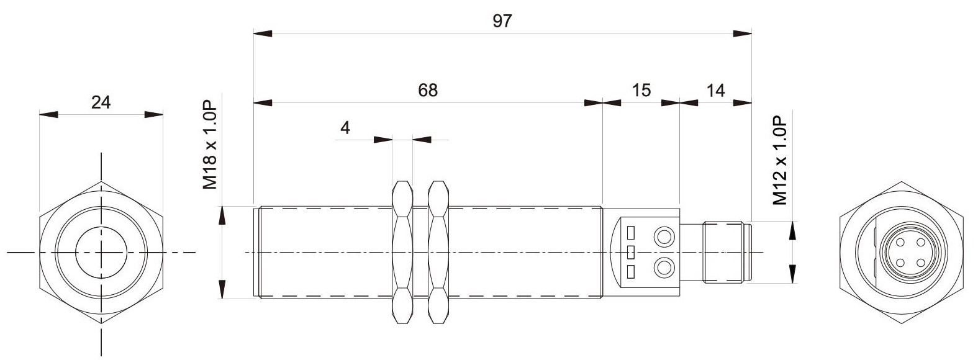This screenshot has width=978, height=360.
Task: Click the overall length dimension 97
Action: tap(502, 21)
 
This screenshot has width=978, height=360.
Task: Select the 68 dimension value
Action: tap(427, 91)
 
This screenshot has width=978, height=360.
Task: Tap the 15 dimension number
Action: tap(641, 91)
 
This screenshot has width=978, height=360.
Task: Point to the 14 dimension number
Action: tap(715, 91)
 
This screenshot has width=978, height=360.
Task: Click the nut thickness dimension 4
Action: tap(345, 128)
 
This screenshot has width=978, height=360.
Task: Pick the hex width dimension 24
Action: tap(101, 102)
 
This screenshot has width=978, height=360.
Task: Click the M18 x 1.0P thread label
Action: tap(210, 145)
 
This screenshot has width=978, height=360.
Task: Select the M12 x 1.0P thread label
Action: tap(780, 160)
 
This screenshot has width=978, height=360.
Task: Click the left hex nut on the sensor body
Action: tap(402, 252)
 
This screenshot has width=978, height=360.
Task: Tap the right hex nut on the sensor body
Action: tap(438, 252)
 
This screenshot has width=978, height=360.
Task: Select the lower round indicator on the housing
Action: tap(664, 267)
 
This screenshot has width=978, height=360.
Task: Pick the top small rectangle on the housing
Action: tap(630, 233)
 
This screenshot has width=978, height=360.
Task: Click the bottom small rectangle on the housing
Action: tap(630, 272)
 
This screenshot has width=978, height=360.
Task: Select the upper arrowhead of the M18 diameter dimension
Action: tap(222, 215)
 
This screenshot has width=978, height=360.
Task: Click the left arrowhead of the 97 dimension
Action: tap(263, 34)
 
